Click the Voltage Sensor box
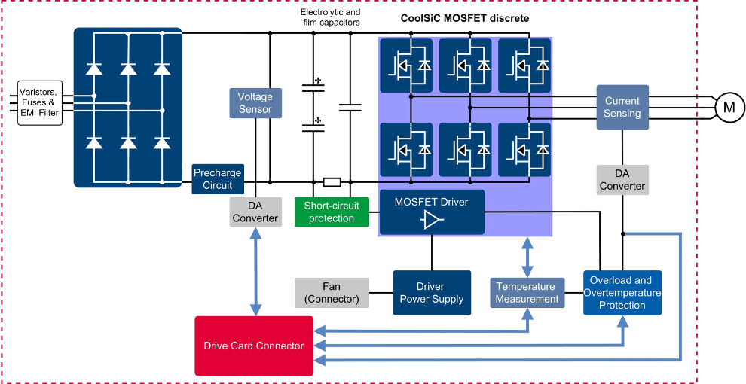point(255,103)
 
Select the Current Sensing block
point(622,107)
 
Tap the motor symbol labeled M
point(728,108)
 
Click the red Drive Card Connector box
point(253,346)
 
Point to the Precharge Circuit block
point(218,178)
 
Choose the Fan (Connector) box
point(332,292)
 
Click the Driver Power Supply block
point(432,292)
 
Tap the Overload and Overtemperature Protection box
point(622,292)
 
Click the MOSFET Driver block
point(431,212)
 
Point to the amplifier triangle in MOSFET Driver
point(432,220)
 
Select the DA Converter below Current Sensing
point(622,179)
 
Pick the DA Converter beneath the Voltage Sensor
point(255,212)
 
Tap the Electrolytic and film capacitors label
point(330,17)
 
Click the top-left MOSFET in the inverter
point(406,66)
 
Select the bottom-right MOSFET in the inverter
point(524,149)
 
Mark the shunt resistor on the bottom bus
point(332,181)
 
